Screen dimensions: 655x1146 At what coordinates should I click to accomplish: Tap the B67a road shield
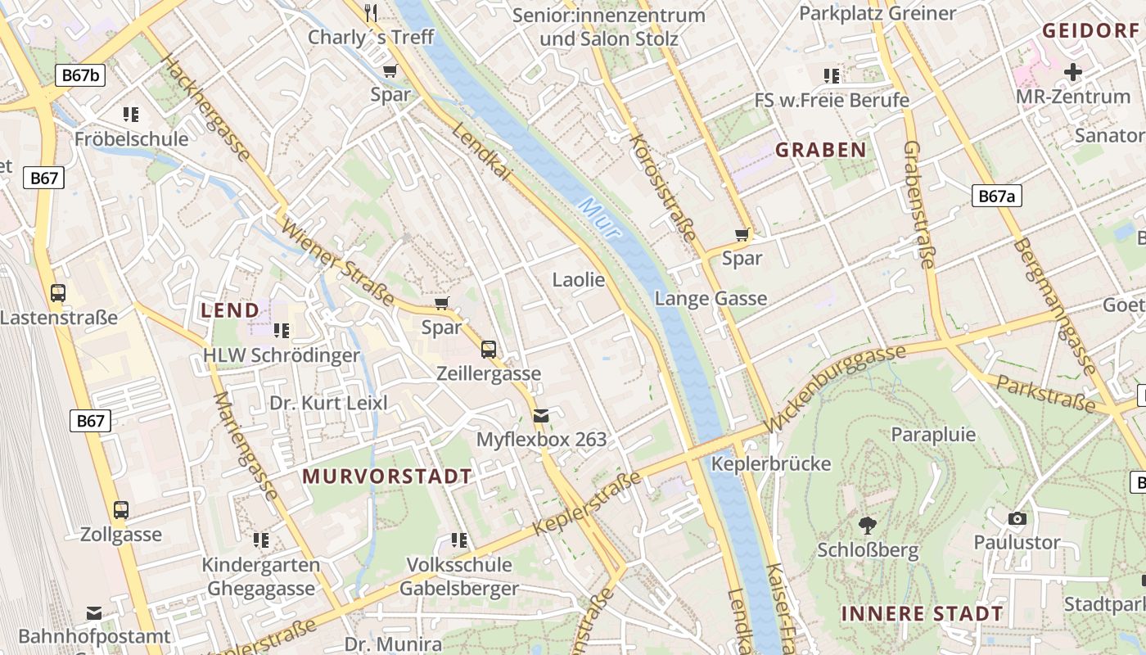click(997, 196)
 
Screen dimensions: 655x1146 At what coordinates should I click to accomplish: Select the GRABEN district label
click(820, 150)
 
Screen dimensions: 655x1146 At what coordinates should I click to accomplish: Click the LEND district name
click(230, 310)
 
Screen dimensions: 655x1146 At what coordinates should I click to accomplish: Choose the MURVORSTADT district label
click(387, 476)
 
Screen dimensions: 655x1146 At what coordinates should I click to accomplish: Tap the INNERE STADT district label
click(922, 613)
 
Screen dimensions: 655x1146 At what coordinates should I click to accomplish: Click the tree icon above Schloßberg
click(868, 525)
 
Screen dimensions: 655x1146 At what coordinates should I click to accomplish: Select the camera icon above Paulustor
click(1017, 518)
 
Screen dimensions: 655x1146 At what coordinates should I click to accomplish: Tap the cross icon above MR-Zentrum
click(1072, 72)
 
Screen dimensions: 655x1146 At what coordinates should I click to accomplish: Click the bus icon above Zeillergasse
click(489, 350)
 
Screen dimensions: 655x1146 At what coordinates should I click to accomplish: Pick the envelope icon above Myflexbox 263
click(541, 416)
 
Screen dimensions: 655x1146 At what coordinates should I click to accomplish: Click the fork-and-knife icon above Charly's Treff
click(371, 12)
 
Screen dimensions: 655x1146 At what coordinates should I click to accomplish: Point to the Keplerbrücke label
click(771, 463)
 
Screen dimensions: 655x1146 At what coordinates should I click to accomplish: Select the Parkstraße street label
click(1045, 393)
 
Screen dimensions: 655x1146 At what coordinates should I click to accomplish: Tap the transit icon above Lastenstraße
click(58, 293)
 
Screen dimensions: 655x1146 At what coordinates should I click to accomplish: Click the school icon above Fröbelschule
click(131, 114)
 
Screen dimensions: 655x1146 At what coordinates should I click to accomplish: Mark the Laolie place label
click(579, 280)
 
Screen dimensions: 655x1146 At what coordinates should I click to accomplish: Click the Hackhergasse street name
click(206, 108)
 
